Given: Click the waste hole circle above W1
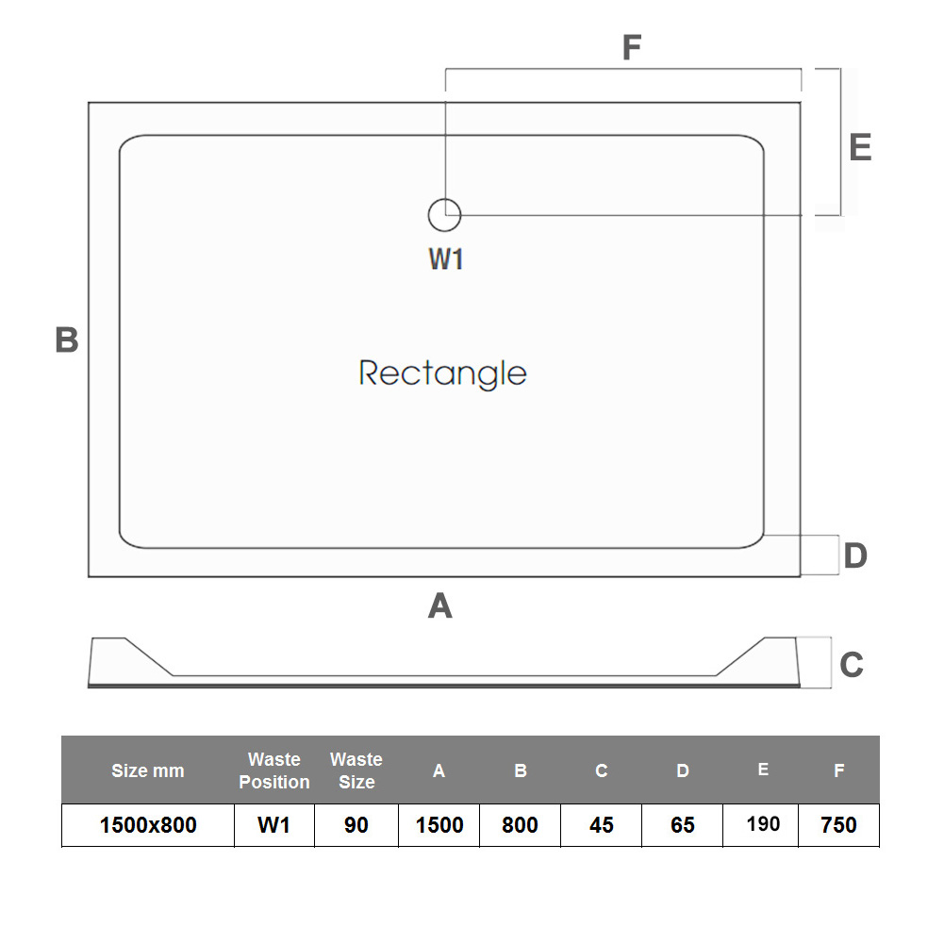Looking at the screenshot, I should [x=444, y=216].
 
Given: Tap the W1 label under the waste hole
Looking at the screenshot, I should [x=446, y=258].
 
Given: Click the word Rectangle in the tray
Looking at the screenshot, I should [x=442, y=373].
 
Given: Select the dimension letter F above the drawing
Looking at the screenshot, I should [x=631, y=47].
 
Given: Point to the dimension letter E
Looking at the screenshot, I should [x=859, y=148].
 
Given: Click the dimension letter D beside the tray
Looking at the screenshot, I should [x=854, y=555].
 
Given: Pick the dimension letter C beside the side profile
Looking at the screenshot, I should [x=851, y=665].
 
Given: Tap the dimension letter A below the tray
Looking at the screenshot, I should [x=440, y=606].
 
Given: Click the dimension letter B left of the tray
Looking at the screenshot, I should [x=66, y=340].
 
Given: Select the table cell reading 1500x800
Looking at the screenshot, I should [x=148, y=825].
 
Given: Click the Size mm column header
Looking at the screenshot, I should [x=148, y=770].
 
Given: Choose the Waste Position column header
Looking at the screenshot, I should [x=273, y=770].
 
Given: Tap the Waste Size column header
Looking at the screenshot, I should [x=356, y=770].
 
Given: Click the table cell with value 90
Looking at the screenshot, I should [x=356, y=825].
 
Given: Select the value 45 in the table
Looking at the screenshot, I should [x=601, y=825].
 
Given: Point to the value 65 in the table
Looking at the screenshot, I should [x=682, y=825].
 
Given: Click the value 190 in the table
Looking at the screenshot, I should [x=762, y=824].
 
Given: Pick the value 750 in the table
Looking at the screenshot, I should [x=838, y=825].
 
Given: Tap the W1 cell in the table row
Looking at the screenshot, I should [x=273, y=825].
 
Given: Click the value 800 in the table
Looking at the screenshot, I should [x=520, y=825].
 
